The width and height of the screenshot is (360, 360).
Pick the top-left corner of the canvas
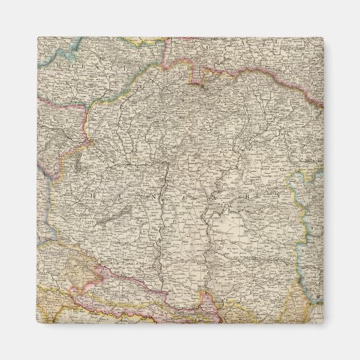point(38,37)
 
